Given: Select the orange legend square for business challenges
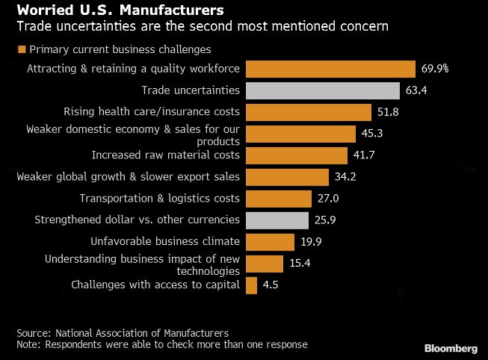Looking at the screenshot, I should [x=20, y=50].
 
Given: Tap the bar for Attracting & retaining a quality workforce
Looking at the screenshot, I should [x=330, y=69].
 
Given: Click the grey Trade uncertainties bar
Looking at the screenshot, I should [x=322, y=91].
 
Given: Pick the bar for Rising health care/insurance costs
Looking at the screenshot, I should [x=308, y=112].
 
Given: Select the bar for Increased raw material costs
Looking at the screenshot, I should [x=296, y=155].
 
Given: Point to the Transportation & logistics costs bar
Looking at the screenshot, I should [x=278, y=199].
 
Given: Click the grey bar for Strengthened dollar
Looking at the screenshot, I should [x=277, y=220].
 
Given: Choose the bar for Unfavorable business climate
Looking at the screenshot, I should [x=270, y=241].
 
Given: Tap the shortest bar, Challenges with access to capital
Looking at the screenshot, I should [x=251, y=285].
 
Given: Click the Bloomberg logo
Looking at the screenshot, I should [x=451, y=348].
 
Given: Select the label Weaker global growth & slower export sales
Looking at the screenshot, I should [x=129, y=177].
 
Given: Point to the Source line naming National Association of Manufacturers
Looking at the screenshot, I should [x=123, y=332].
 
